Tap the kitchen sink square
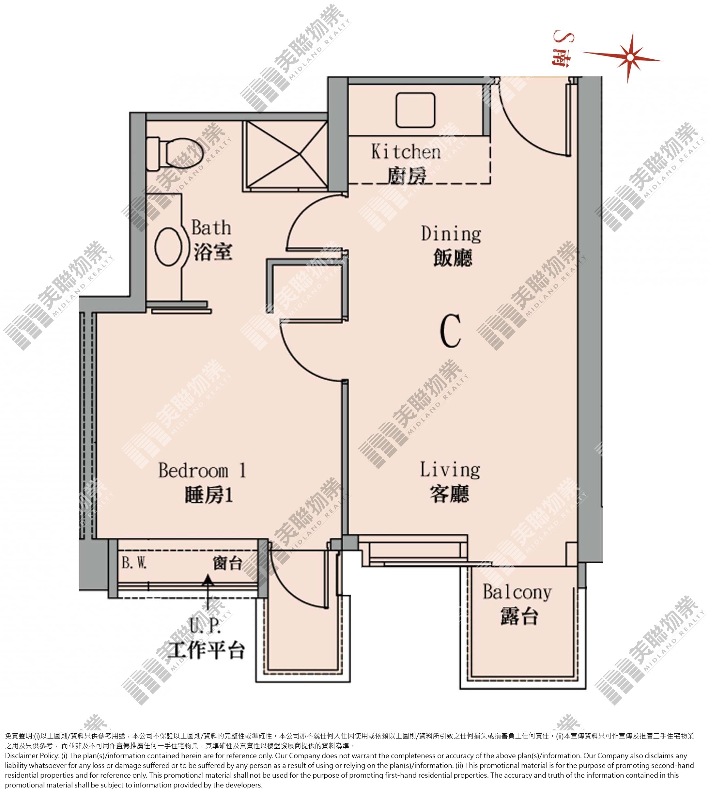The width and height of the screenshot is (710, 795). click(x=415, y=110)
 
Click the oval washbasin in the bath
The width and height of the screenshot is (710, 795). click(x=169, y=246)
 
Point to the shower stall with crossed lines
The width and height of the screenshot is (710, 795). click(x=285, y=156)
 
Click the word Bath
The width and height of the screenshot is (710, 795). click(x=211, y=228)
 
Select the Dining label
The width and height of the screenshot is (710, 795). click(x=451, y=234)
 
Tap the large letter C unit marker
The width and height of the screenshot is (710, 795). click(x=451, y=331)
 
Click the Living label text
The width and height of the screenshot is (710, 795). click(x=450, y=470)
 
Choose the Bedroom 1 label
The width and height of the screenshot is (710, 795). click(x=202, y=471)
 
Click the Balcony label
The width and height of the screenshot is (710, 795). click(x=517, y=593)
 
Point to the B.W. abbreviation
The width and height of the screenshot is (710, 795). click(x=134, y=563)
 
